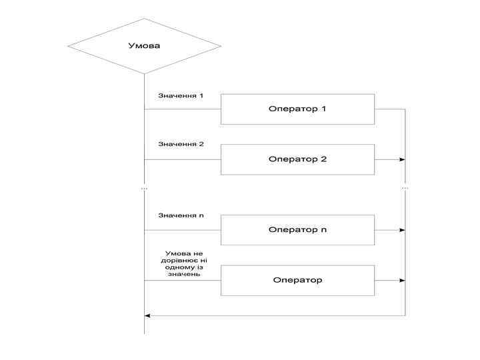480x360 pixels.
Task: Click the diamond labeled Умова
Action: (144, 46)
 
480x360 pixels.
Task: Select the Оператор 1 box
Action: (297, 109)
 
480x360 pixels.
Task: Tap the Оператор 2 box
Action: (297, 159)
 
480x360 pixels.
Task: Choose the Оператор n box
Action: (297, 230)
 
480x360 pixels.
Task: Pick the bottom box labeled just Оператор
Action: (297, 280)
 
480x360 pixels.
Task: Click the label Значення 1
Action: (181, 95)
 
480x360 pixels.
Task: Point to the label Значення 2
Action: (181, 144)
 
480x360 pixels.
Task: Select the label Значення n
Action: (181, 215)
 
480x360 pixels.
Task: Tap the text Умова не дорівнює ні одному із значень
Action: (183, 264)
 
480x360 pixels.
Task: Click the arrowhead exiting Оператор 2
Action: (402, 159)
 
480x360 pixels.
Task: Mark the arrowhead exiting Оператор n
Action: (402, 230)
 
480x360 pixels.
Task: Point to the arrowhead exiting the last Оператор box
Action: (402, 280)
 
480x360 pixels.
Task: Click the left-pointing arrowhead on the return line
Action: (148, 315)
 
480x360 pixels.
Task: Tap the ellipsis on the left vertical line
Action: (144, 189)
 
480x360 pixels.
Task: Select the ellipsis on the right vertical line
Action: (405, 189)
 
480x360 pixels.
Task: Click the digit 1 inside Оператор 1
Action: (323, 109)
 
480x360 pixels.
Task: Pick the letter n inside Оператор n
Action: (324, 230)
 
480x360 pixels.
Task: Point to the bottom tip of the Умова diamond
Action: (144, 73)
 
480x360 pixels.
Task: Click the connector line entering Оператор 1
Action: (182, 109)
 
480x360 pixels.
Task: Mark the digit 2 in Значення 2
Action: (201, 144)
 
